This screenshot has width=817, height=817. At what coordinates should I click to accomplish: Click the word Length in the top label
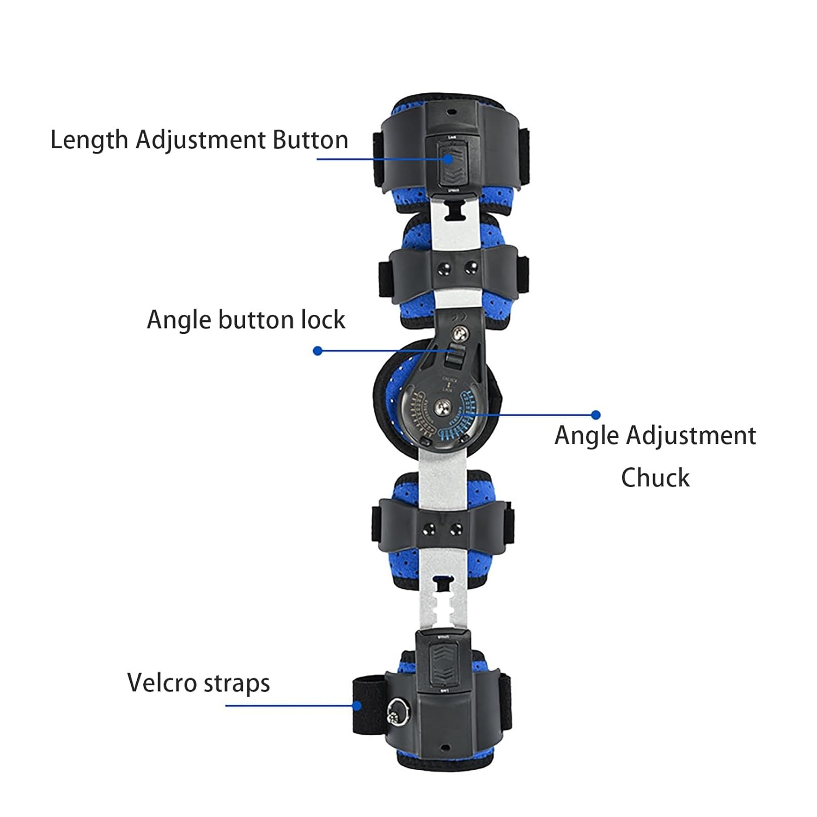[89, 140]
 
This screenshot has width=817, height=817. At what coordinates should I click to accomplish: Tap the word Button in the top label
[310, 140]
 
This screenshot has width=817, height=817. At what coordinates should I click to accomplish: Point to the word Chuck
[655, 478]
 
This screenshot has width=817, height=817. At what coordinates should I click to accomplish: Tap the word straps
[244, 684]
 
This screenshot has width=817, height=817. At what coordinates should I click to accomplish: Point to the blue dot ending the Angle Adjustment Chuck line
[595, 415]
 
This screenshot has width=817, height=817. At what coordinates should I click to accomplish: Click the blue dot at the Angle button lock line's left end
[318, 351]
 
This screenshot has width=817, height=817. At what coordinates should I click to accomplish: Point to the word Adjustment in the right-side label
[690, 436]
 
